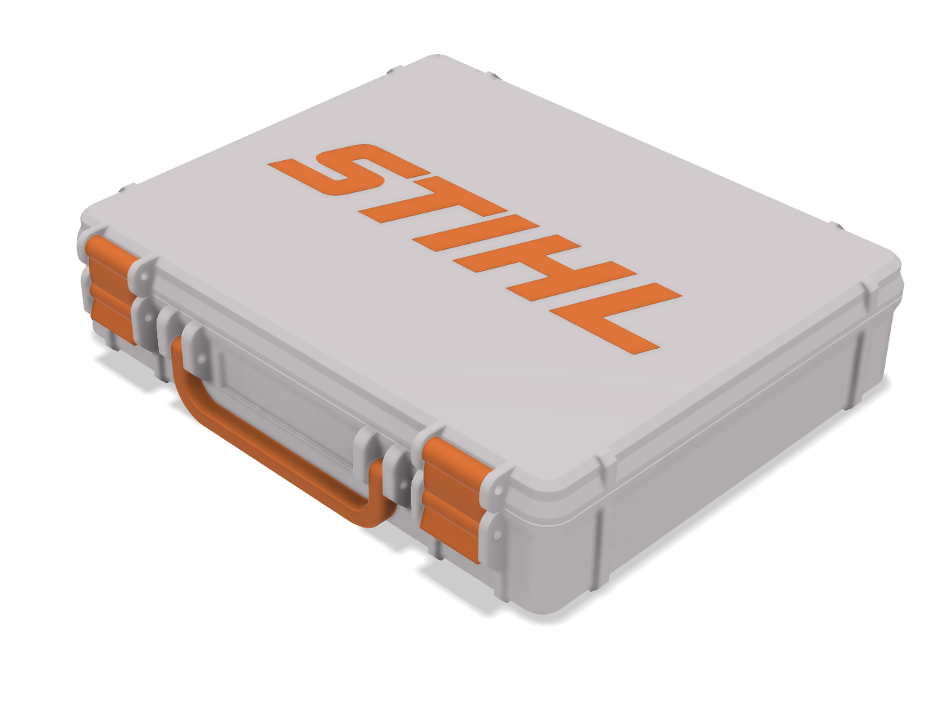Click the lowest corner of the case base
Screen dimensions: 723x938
pos(543,608)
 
